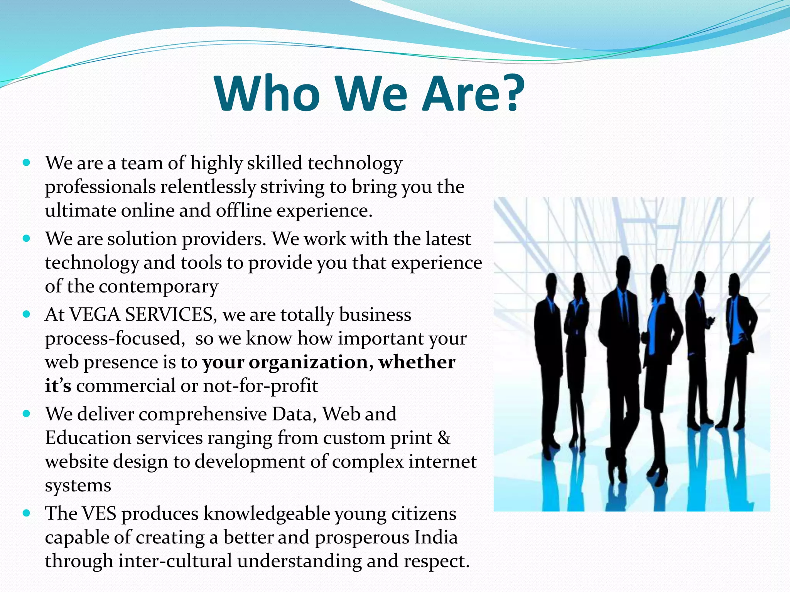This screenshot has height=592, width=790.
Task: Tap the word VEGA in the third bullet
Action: coord(95,314)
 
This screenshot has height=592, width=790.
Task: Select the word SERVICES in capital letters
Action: coord(169,314)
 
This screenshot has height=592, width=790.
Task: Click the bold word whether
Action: coord(417,362)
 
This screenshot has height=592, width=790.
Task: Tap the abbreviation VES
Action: coord(100,514)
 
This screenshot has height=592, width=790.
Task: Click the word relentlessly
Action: coord(208,187)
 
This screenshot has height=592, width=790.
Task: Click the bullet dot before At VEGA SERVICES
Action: coord(26,314)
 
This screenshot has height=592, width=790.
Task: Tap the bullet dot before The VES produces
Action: coord(26,513)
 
